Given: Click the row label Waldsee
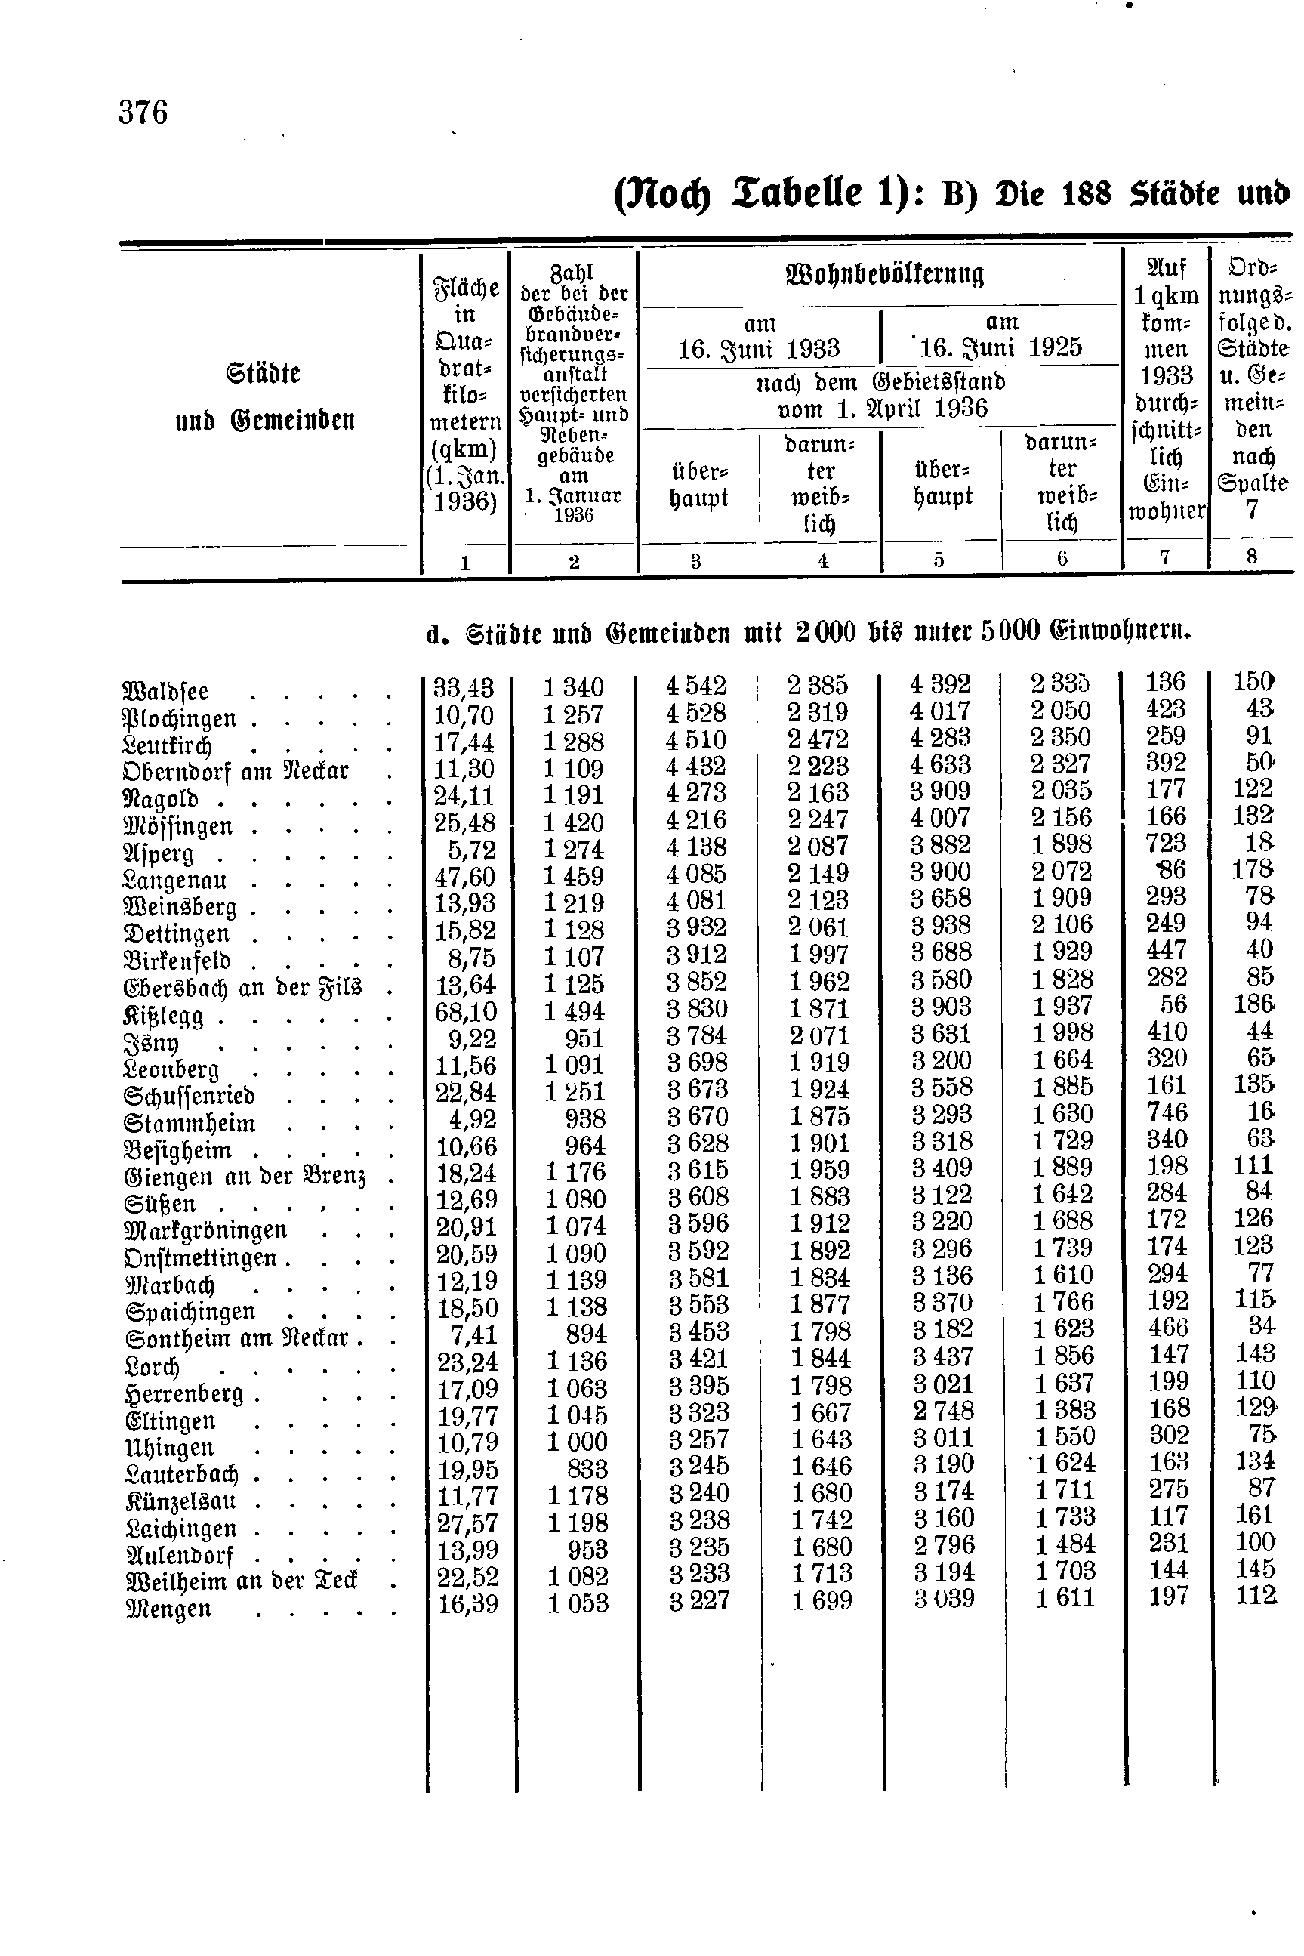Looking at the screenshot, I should (165, 692).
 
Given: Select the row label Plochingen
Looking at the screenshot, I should (180, 718).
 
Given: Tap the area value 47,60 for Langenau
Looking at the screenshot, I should (466, 877).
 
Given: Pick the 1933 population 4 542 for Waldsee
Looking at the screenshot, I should (696, 685).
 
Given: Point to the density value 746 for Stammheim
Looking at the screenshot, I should (1166, 1112).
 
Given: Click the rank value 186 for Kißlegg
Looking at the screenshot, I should (1253, 1004).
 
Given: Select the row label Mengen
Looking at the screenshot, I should (167, 1609).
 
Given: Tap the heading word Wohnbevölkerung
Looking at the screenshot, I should (884, 274).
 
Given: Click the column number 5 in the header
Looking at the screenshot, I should (939, 560).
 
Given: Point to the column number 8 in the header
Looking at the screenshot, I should (1252, 557).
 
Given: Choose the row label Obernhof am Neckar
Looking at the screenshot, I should (236, 772).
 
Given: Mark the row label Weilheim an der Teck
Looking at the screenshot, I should (241, 1580).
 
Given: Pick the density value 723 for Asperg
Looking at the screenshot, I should (1165, 843).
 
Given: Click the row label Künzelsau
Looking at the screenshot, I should (180, 1501).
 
